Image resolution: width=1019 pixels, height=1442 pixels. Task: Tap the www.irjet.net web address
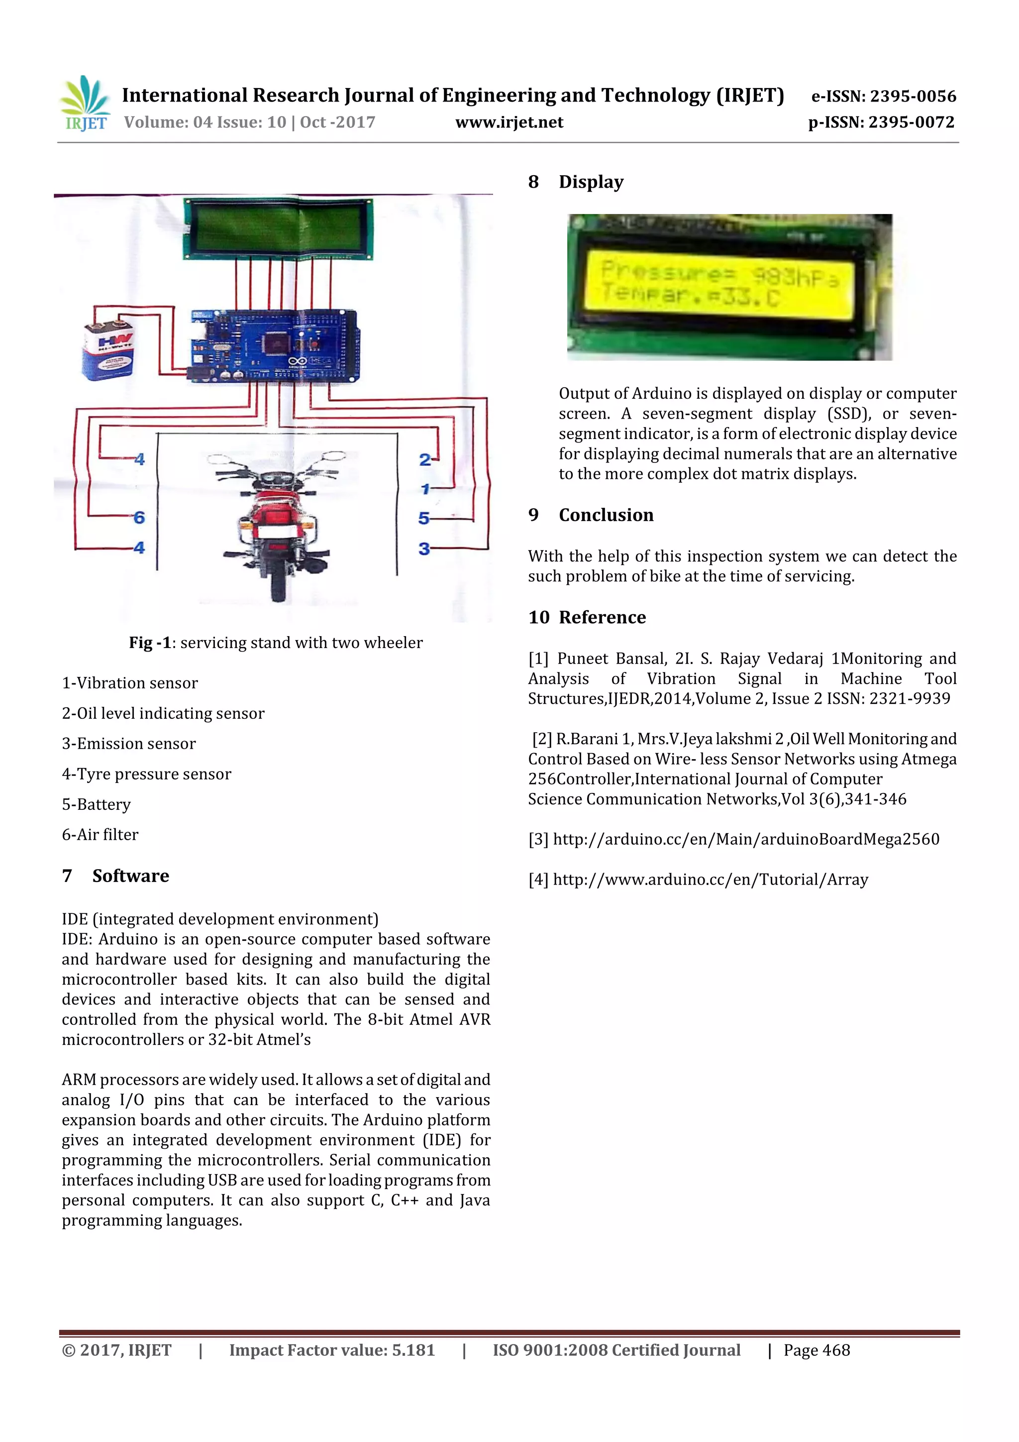point(509,122)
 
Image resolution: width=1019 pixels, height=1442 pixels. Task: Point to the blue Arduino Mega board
point(275,345)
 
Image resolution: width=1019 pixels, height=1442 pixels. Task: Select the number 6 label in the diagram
point(139,518)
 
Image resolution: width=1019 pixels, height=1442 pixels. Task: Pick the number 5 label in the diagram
point(424,519)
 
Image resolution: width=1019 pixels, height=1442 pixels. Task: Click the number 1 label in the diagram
point(425,489)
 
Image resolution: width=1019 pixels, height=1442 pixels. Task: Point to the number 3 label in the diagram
point(424,549)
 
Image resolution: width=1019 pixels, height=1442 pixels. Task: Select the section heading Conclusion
point(606,515)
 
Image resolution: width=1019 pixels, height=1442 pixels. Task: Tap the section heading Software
point(130,876)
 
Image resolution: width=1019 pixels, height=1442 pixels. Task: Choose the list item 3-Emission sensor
point(129,744)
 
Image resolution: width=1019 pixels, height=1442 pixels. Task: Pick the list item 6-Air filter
point(100,835)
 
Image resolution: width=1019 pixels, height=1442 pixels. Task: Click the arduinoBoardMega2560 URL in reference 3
point(746,840)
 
